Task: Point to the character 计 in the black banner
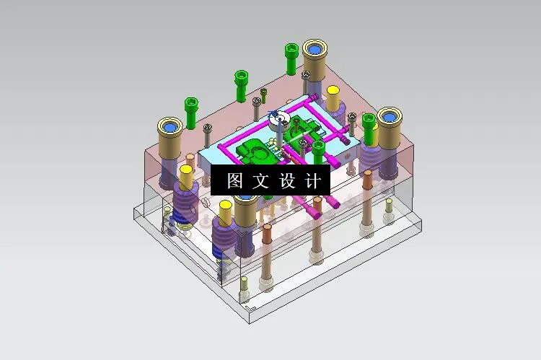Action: [x=313, y=181]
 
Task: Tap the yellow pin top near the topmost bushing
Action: [x=333, y=92]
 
